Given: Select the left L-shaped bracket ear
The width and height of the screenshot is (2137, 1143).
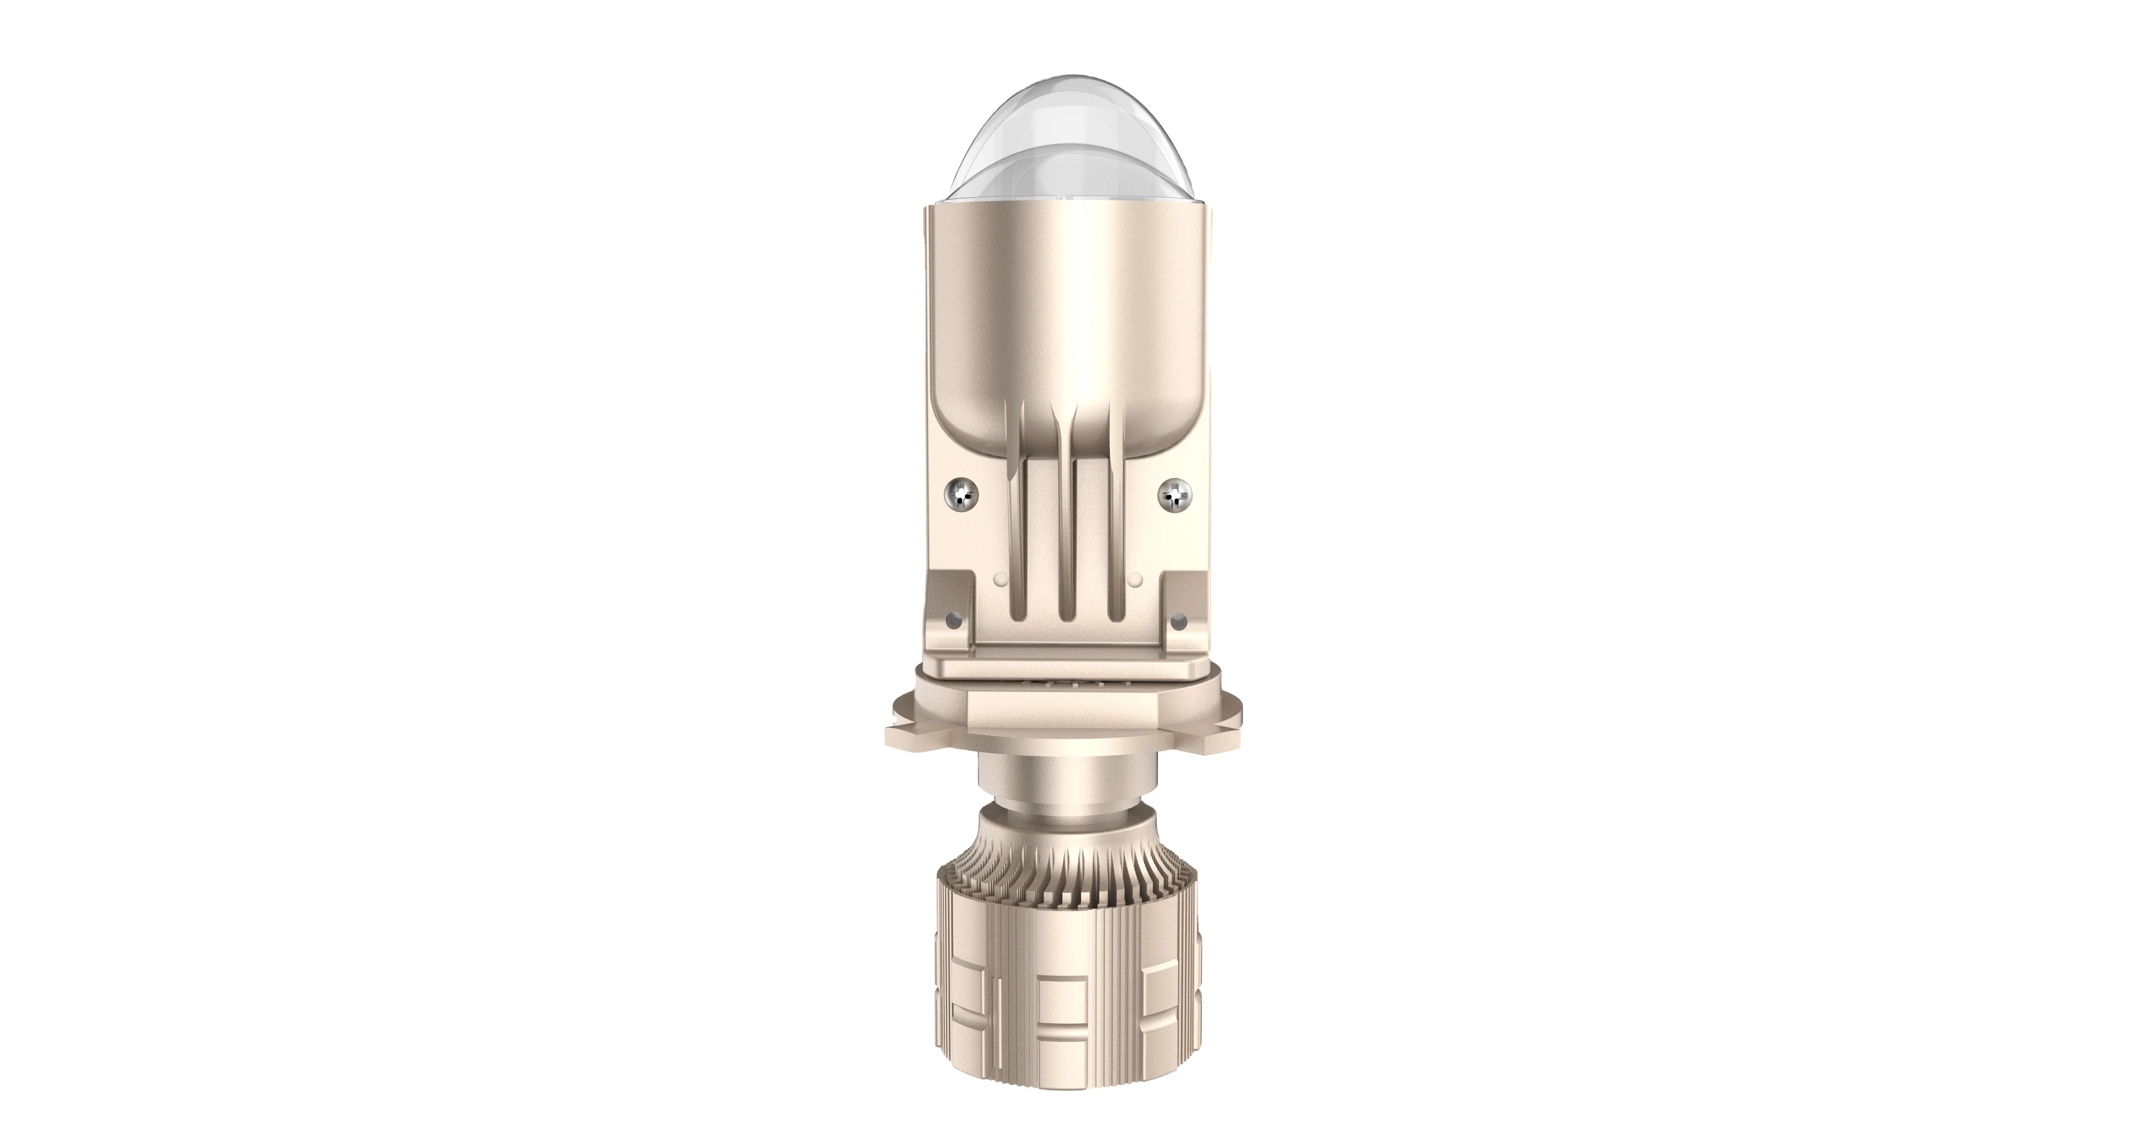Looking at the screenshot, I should pos(954,619).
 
